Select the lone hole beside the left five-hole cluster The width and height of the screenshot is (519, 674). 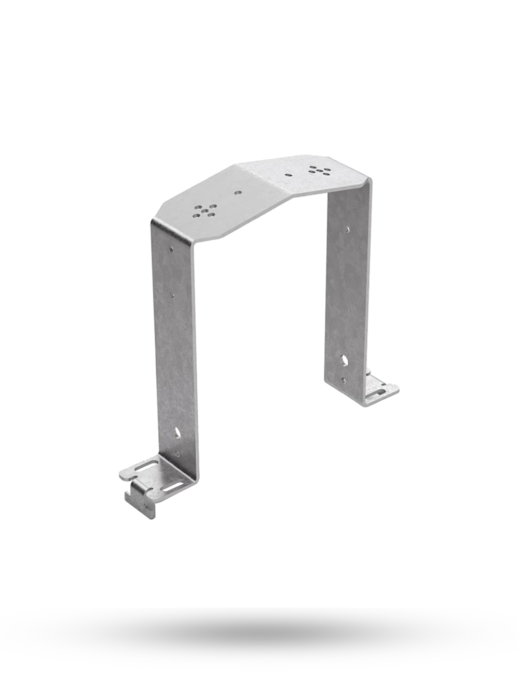click(x=238, y=192)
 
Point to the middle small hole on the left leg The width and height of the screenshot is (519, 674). click(x=173, y=297)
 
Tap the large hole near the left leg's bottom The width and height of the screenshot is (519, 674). click(x=178, y=431)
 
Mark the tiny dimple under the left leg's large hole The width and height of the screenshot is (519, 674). click(x=179, y=453)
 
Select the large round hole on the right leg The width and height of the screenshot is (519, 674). click(x=345, y=358)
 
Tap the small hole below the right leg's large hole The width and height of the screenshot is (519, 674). click(x=344, y=378)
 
